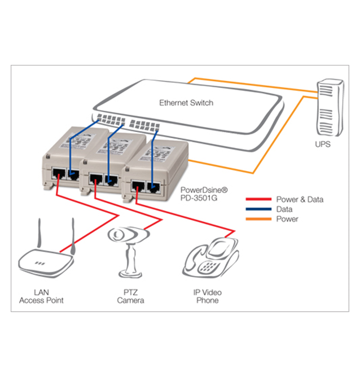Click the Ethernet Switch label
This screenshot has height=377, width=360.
186,103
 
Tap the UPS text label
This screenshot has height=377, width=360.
323,144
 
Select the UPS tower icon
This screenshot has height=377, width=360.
330,107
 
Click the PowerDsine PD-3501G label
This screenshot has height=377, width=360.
204,194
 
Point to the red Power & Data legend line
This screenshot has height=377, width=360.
258,199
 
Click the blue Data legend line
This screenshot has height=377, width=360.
258,209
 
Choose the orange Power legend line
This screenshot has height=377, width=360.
258,219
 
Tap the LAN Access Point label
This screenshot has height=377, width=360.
41,296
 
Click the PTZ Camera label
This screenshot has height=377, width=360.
130,296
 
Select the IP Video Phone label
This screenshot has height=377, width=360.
208,296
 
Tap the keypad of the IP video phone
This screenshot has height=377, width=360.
209,266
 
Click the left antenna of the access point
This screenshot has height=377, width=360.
39,233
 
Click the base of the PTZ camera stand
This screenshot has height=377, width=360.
130,274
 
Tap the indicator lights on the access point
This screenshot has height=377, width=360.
39,263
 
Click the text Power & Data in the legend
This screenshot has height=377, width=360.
300,199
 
